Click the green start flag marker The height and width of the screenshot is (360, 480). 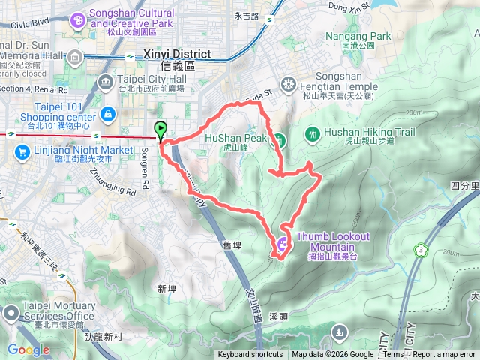coord(160,130)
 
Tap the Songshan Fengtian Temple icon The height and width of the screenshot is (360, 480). coord(287,82)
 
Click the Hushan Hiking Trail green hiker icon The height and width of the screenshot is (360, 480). coord(312,134)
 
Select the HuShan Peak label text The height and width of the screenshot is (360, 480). coord(235,139)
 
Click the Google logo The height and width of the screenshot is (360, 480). coord(28,349)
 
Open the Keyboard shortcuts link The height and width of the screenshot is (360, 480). coord(250,355)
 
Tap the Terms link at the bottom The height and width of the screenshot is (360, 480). coord(394,355)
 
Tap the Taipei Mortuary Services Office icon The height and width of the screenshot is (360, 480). coord(12,311)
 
